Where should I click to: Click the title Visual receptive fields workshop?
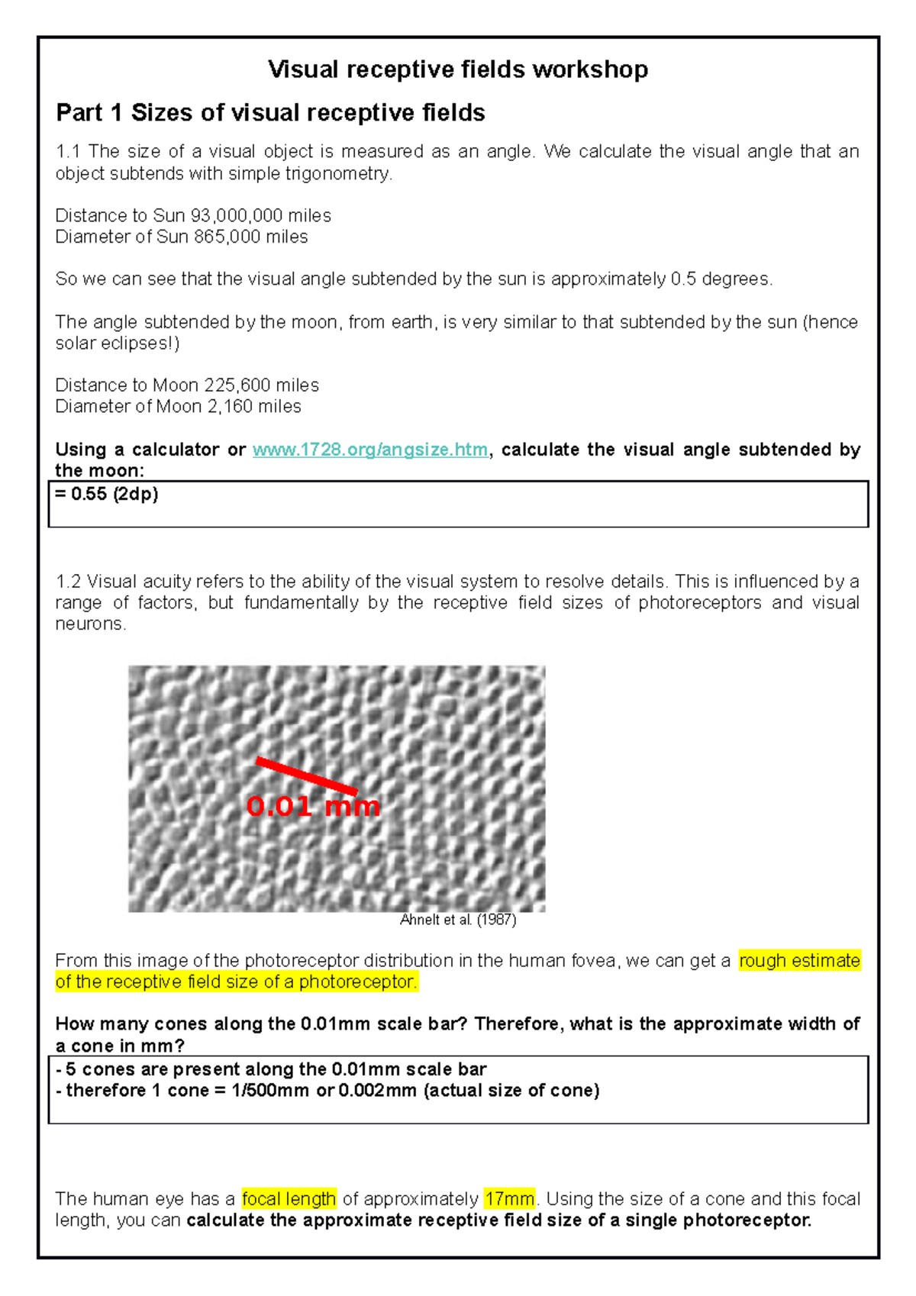[x=458, y=69]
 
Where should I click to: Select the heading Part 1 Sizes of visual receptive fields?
[x=270, y=113]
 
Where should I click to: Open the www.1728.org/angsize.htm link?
[x=370, y=450]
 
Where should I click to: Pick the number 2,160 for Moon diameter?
[x=227, y=407]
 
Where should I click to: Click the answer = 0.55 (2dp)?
[x=107, y=495]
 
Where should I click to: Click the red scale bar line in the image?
[x=306, y=775]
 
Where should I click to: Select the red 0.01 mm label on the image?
[x=313, y=806]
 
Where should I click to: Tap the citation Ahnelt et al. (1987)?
[x=458, y=920]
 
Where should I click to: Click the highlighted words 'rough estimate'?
[x=799, y=961]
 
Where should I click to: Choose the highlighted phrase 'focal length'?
[x=289, y=1199]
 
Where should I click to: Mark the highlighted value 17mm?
[x=509, y=1199]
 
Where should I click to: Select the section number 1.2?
[x=68, y=582]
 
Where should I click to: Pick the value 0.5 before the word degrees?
[x=683, y=279]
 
